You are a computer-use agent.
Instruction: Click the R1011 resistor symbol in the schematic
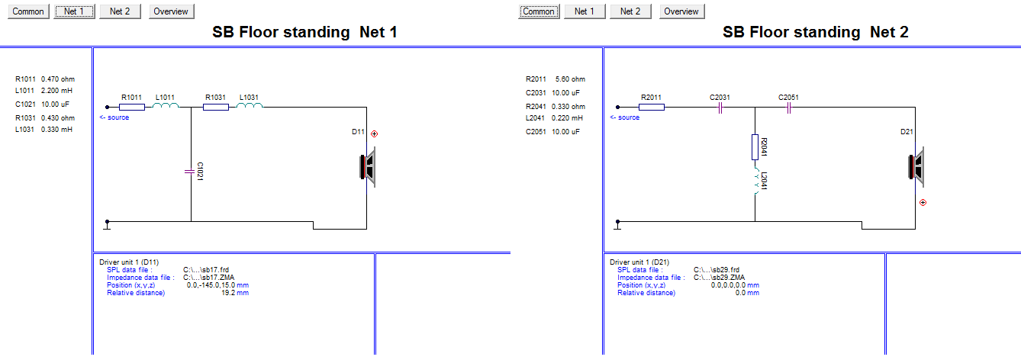point(132,107)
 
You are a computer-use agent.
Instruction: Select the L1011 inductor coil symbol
point(166,106)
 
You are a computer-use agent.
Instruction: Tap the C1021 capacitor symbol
point(189,172)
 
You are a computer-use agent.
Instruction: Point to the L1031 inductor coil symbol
point(250,106)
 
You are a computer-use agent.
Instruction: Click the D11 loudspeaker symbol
point(368,167)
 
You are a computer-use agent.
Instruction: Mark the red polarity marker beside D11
point(374,134)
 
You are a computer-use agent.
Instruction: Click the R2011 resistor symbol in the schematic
point(652,107)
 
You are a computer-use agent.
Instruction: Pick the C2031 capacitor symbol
point(720,108)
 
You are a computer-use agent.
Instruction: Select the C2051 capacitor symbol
point(789,108)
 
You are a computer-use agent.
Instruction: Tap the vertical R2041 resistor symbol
point(755,147)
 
